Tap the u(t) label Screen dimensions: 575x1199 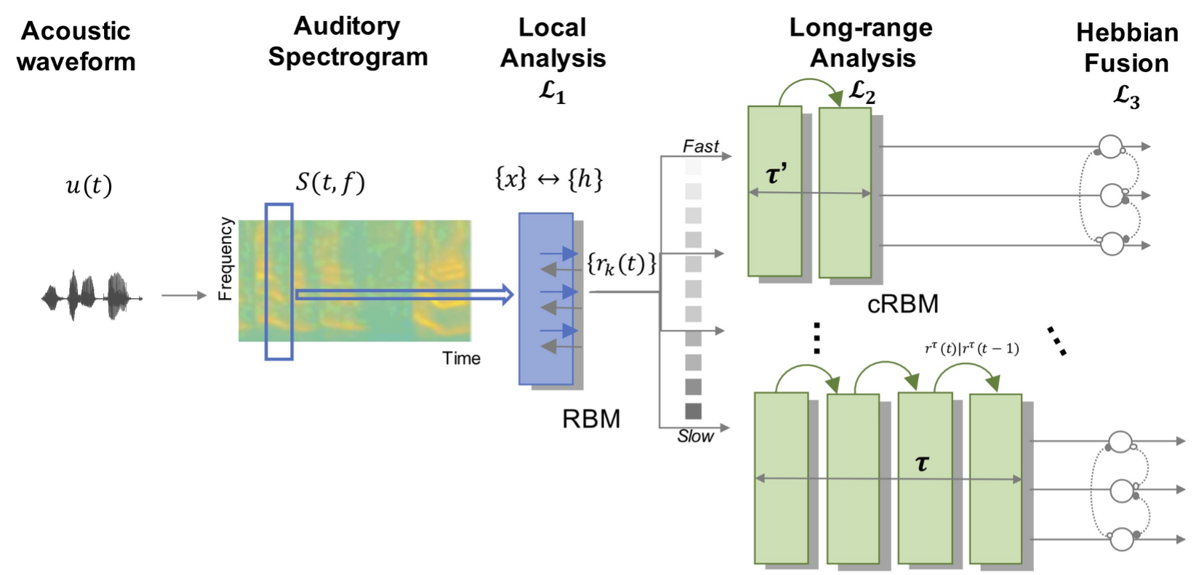point(89,186)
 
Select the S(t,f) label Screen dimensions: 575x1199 point(330,182)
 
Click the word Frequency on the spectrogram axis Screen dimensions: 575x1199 point(226,259)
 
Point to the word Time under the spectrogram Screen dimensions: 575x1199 point(462,358)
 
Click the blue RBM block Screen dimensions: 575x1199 point(545,299)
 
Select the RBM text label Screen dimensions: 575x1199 point(591,419)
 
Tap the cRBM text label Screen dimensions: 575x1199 point(902,303)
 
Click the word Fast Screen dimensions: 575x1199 point(700,146)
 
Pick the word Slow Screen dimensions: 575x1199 point(696,436)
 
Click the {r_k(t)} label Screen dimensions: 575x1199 point(621,263)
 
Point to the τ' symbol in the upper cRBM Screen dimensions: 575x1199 point(777,174)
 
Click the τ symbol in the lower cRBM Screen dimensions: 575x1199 point(922,462)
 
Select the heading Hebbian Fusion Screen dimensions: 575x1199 point(1126,48)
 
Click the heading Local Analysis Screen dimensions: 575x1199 point(553,43)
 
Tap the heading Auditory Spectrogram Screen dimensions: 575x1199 point(348,41)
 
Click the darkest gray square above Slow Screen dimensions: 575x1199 point(694,411)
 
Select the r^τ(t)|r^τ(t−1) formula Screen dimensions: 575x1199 point(971,349)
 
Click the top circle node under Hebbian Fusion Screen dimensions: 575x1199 point(1110,146)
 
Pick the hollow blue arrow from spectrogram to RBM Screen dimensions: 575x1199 point(404,294)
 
